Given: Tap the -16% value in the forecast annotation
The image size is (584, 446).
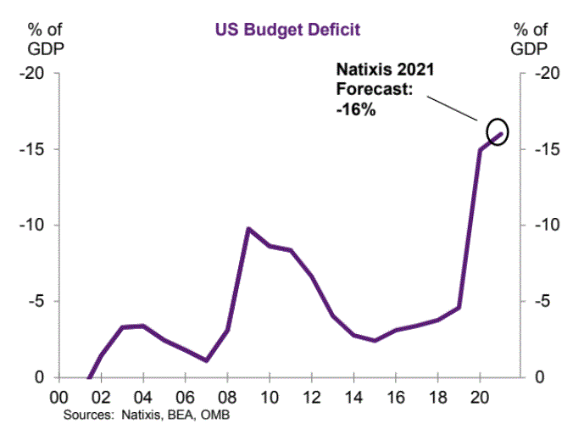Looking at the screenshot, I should pos(355,111).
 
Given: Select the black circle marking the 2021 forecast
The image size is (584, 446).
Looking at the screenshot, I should pos(498,131).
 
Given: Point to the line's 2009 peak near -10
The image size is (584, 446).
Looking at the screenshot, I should pos(248,229).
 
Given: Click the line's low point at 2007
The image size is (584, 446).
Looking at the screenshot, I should pos(206,360).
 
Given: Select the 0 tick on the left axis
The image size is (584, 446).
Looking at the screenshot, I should pos(39,378).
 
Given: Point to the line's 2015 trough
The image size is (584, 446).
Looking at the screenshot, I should pos(374,341).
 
